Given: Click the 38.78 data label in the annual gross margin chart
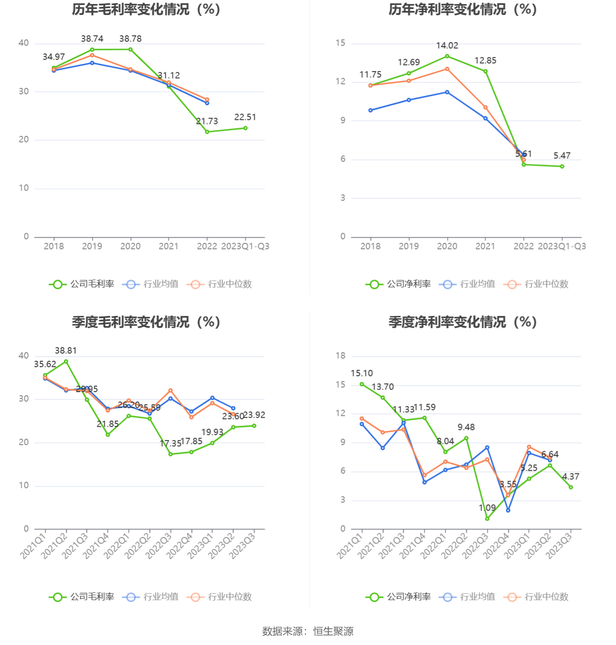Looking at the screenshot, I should pos(130,39).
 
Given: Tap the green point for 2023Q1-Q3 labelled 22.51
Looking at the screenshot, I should pos(245,128).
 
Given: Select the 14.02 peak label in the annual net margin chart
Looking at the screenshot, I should pos(447,46).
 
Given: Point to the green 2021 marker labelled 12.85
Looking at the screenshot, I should pos(486,72).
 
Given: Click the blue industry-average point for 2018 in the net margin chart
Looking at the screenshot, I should pos(371,110).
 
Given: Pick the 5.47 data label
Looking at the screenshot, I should pos(562,156).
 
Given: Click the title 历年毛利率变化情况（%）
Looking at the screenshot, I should pos(146,10).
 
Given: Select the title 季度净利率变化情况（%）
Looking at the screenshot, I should pos(462,322).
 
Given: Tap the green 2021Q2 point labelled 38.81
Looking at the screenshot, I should pos(66,362).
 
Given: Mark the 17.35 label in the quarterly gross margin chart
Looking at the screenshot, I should pos(170,444).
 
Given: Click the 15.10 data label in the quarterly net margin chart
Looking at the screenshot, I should pos(362,373).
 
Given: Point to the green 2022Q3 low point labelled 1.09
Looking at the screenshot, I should pos(487,519).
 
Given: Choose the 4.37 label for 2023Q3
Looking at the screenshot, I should pos(571,477).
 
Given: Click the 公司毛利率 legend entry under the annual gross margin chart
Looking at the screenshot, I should pos(82,284).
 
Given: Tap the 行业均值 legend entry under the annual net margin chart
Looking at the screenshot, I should pos(467,284).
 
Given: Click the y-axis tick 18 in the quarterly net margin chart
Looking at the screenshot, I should pos(341,356).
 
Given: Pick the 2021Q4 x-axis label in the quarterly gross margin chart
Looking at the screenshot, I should pos(98,545).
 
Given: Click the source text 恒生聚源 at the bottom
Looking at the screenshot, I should pos(333,631).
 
